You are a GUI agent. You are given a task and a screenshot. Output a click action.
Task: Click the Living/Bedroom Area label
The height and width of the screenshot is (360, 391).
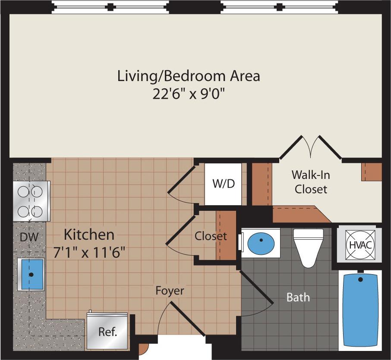tap(189, 76)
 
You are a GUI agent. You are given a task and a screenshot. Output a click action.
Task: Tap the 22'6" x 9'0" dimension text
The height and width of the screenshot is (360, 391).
tap(189, 94)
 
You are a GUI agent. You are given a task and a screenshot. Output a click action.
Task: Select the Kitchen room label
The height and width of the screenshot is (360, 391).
tap(89, 235)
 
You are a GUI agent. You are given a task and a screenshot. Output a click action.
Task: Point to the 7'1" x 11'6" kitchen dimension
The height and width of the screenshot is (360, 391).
tap(89, 252)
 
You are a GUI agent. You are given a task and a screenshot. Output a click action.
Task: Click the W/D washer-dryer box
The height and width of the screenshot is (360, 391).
tap(223, 184)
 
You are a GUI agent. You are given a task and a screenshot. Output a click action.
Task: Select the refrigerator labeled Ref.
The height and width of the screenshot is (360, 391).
tap(107, 332)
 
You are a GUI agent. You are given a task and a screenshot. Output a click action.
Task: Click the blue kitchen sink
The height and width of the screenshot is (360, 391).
tap(31, 274)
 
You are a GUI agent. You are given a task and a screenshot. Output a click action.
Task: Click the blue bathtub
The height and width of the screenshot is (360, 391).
tap(360, 310)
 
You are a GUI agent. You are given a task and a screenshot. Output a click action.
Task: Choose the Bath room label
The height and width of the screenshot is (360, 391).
tap(298, 297)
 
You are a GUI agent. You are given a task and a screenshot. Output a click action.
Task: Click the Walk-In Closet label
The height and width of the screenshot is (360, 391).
tap(309, 182)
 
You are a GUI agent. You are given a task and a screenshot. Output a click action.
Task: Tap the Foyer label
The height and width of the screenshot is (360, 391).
tap(170, 291)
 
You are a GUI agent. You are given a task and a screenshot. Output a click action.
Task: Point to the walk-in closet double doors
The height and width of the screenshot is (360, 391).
tap(310, 147)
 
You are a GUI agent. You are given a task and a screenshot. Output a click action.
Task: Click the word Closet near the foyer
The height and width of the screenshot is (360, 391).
tap(210, 236)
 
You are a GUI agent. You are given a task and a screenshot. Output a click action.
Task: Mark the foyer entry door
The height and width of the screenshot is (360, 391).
tap(186, 318)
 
